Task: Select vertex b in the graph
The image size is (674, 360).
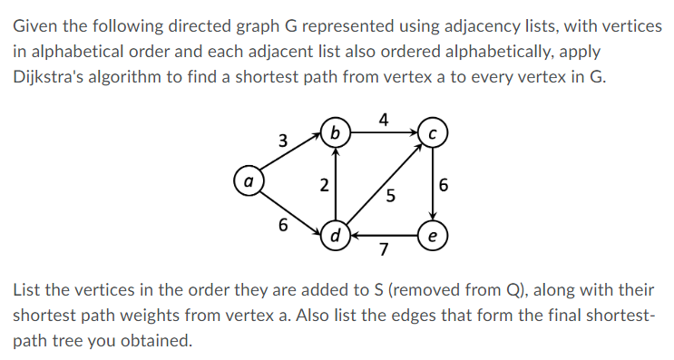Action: click(337, 134)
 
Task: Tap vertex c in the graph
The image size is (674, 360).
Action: click(432, 134)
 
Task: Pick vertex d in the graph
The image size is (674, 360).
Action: click(337, 237)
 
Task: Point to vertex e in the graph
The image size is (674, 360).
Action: click(432, 237)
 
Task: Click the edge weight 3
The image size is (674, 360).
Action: click(283, 141)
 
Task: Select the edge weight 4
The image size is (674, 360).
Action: click(385, 119)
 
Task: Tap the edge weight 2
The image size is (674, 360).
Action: click(324, 187)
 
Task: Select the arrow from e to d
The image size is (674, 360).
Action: click(384, 236)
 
